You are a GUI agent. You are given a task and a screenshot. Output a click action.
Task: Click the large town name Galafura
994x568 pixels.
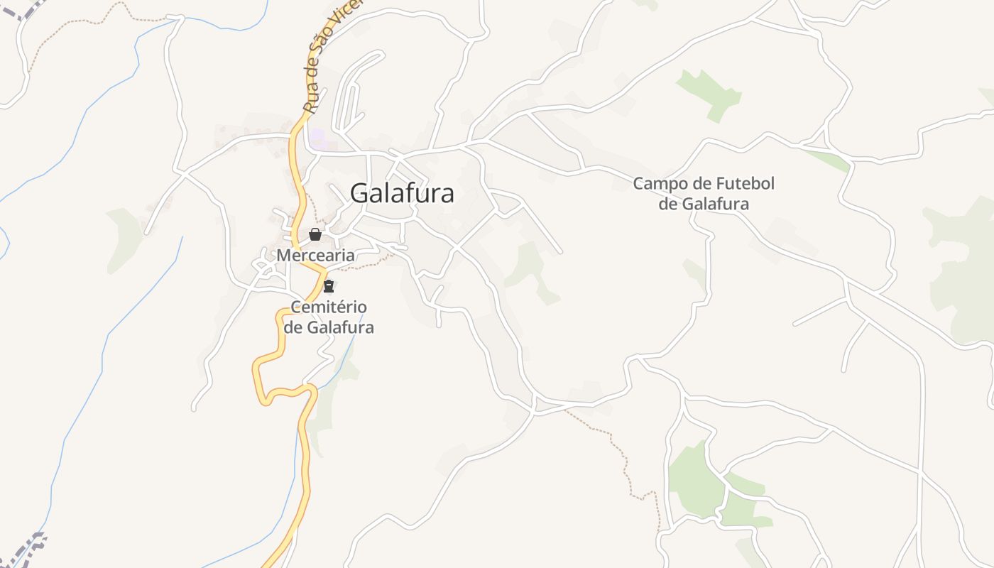402,193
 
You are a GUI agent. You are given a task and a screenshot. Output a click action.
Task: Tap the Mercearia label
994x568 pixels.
315,255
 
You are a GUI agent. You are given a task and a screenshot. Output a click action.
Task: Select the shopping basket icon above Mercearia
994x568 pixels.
315,234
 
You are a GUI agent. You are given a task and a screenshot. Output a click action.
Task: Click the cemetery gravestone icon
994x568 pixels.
328,286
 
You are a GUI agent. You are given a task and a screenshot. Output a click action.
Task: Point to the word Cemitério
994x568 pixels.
329,307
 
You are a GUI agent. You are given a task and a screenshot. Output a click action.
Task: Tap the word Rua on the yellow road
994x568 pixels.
310,102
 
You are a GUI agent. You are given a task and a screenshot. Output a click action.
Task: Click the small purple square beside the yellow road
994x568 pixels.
317,138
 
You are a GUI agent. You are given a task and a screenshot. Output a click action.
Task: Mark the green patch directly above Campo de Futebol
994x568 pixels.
710,92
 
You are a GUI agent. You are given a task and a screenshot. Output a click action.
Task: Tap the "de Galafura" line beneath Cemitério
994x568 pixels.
329,327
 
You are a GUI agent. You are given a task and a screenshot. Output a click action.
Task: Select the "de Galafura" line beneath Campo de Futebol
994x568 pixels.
704,204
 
